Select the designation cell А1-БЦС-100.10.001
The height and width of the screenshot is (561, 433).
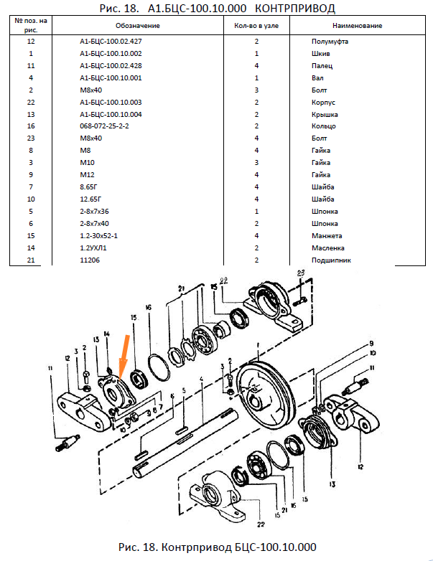pyautogui.click(x=111, y=77)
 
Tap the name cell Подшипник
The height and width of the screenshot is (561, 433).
pyautogui.click(x=331, y=260)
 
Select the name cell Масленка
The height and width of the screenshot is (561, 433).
pyautogui.click(x=330, y=248)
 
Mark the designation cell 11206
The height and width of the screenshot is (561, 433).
pyautogui.click(x=90, y=260)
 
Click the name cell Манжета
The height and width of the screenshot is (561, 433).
pyautogui.click(x=327, y=236)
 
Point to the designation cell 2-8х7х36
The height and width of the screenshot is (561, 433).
pyautogui.click(x=94, y=212)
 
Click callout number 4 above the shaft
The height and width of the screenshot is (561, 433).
pyautogui.click(x=203, y=379)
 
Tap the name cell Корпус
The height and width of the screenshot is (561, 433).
pyautogui.click(x=325, y=102)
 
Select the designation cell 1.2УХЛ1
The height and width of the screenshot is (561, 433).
pyautogui.click(x=93, y=248)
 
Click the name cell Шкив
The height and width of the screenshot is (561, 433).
pyautogui.click(x=321, y=54)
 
